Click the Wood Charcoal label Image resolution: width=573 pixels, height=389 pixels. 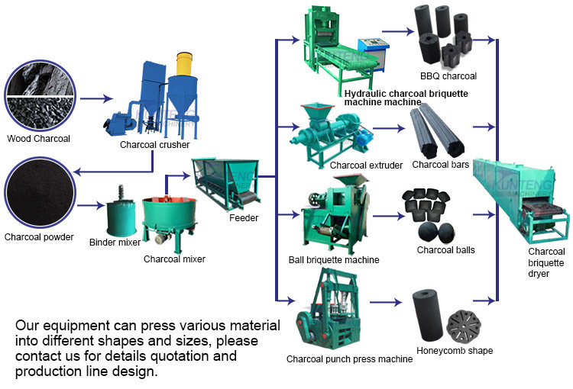[38, 139]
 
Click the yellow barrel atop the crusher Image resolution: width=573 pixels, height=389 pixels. [183, 65]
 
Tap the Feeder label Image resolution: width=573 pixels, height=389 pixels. [244, 218]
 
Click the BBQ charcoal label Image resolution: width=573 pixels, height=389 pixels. [448, 76]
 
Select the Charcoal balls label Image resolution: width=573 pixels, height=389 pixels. [445, 249]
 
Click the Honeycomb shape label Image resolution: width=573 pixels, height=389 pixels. [455, 351]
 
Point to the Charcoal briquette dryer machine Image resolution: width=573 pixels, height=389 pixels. [522, 198]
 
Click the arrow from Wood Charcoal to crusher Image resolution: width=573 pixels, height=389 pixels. [95, 99]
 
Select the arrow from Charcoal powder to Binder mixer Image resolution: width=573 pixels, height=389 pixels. [91, 204]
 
